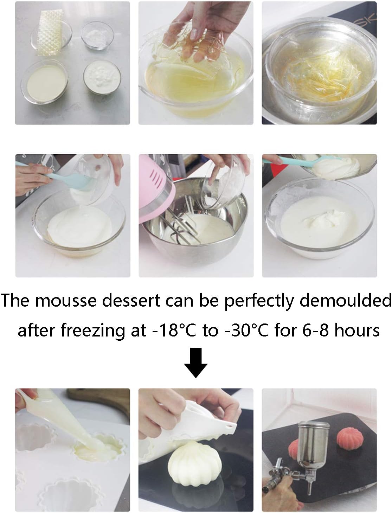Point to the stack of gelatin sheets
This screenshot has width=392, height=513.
[x=49, y=28]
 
